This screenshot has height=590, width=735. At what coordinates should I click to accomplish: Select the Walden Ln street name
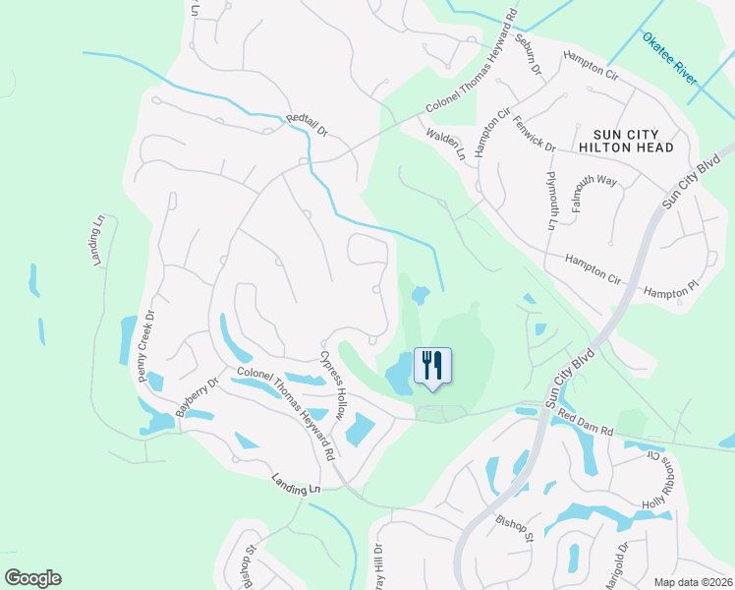pos(445,143)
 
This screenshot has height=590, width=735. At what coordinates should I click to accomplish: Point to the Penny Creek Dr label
pos(147,346)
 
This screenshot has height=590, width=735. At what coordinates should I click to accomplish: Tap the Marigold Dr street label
pos(615,565)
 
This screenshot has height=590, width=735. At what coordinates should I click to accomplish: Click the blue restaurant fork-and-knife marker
pos(432,366)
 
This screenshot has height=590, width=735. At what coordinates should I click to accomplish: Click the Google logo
pos(32,578)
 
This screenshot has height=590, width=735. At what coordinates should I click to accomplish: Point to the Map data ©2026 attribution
pos(693,581)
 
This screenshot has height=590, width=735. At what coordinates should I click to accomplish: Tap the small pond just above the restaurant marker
pos(420,294)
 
